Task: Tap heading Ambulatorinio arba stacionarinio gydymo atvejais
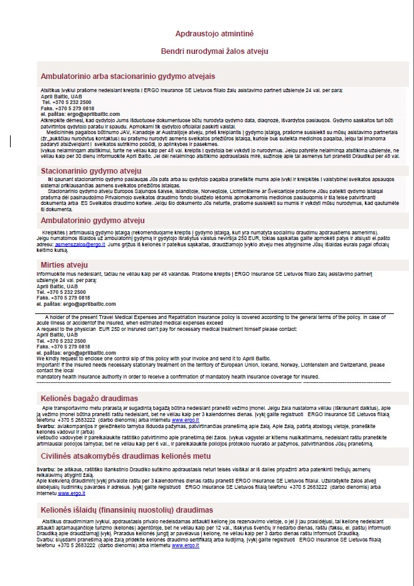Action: [x=128, y=76]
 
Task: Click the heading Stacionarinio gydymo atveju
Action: [x=92, y=171]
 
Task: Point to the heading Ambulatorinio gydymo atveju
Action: [x=93, y=221]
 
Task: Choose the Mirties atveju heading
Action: [x=65, y=264]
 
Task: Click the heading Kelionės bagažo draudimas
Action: [x=90, y=398]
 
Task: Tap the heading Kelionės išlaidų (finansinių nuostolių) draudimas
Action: [x=127, y=510]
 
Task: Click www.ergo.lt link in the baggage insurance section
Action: [x=186, y=419]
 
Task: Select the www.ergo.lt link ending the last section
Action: [x=186, y=546]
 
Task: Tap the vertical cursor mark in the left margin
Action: [x=10, y=142]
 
